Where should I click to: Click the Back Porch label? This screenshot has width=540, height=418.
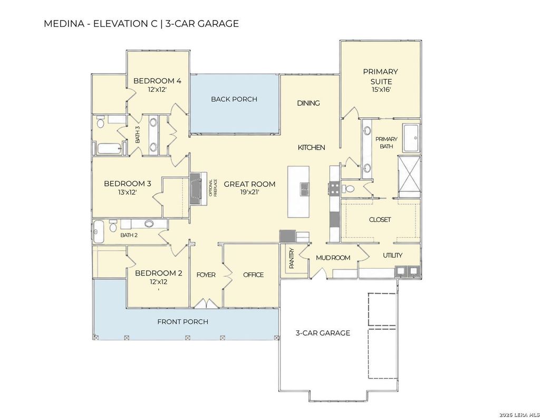234,99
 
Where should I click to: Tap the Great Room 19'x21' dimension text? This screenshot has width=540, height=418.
249,192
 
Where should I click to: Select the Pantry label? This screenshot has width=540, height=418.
292,259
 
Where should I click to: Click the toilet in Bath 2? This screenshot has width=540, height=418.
113,226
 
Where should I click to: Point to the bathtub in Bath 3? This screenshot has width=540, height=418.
109,149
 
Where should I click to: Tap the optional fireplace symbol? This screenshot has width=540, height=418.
199,189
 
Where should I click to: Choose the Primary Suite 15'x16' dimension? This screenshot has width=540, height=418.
381,90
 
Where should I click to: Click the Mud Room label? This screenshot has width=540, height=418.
333,258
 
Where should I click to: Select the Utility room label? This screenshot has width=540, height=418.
392,255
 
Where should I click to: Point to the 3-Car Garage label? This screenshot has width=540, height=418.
323,333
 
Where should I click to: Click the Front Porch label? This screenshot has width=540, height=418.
183,322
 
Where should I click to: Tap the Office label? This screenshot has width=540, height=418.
254,274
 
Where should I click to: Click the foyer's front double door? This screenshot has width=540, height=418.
206,303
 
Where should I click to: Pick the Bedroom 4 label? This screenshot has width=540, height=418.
157,81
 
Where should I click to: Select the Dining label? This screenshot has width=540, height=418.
308,103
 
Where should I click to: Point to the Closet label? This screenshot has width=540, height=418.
380,220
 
